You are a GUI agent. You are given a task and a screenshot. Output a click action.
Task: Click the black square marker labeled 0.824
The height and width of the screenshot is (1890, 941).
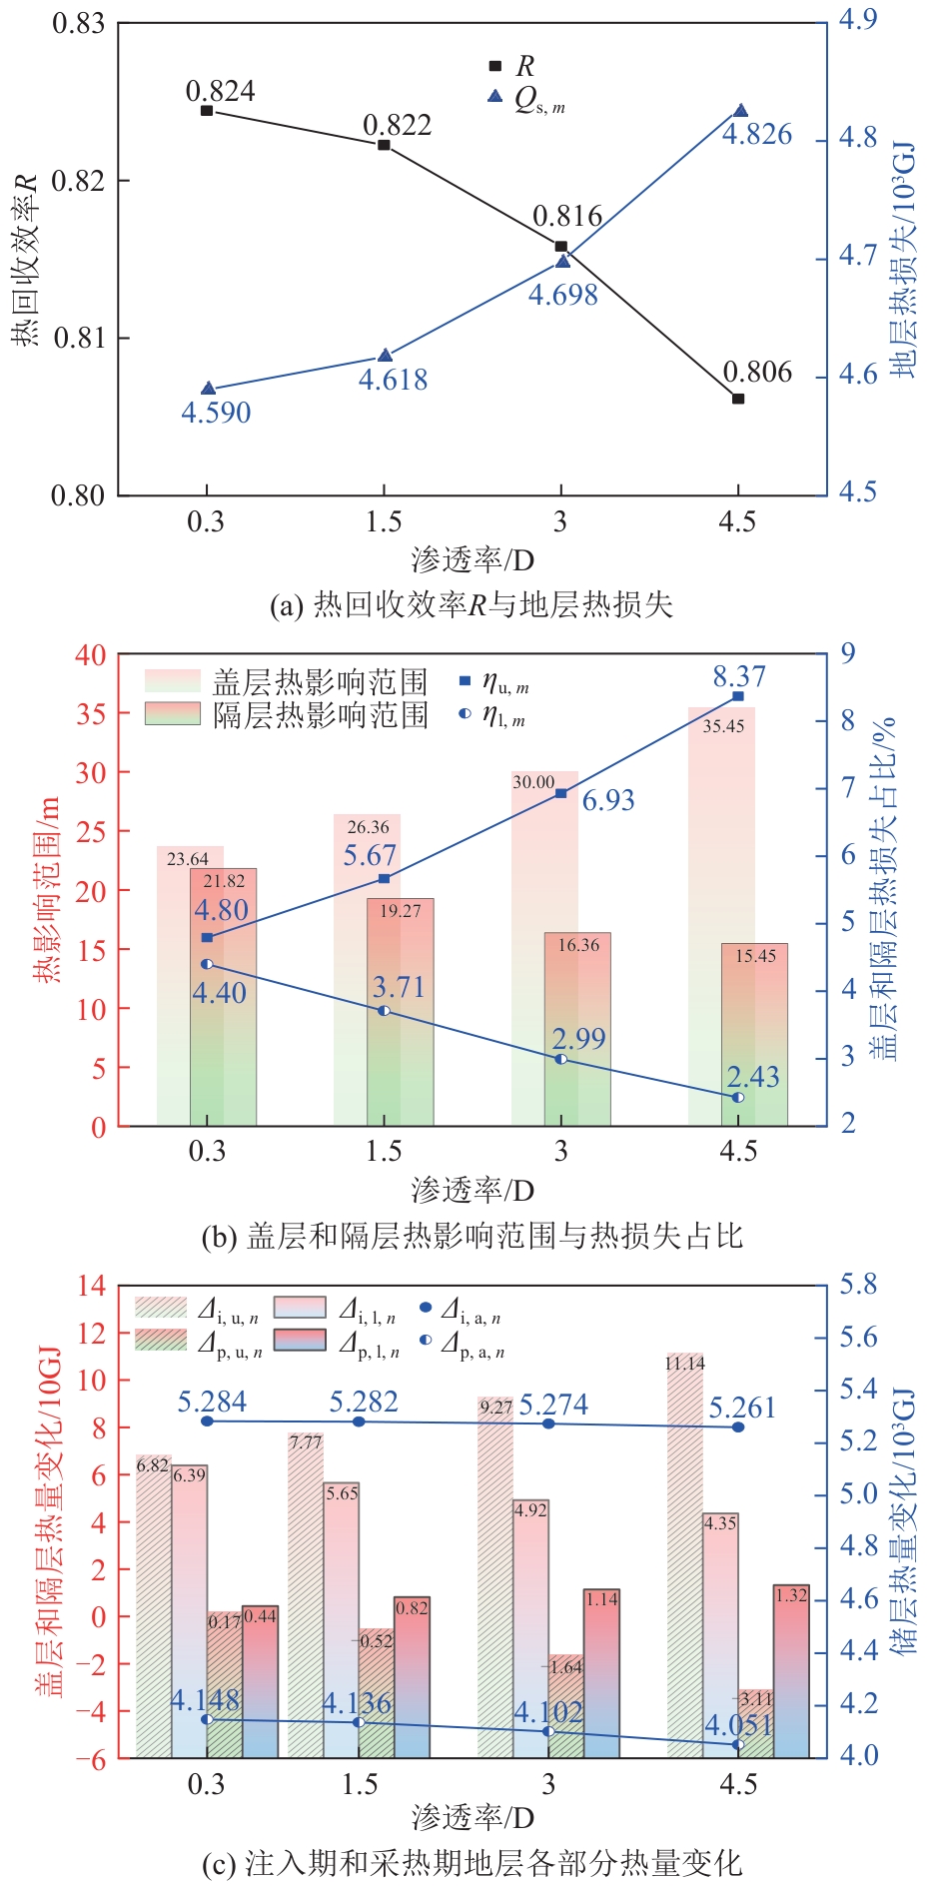pos(207,111)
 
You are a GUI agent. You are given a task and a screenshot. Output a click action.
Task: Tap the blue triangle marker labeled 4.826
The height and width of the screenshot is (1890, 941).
pos(740,111)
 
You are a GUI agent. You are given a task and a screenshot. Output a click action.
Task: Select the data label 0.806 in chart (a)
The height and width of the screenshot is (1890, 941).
pos(757,373)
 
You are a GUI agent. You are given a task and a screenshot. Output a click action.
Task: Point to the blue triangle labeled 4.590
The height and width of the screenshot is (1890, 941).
pos(208,389)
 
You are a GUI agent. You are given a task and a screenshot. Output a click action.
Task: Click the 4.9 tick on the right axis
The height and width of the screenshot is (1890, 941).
pos(857,20)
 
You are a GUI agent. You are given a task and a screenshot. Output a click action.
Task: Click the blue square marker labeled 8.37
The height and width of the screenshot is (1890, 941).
pos(738,695)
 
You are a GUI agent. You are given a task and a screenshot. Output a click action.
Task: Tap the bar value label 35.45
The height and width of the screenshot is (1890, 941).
pos(723,726)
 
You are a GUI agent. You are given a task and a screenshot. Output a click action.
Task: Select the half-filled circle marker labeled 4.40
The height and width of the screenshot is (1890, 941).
pos(207,964)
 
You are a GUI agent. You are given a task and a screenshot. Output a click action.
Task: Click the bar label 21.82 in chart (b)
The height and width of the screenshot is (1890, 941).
pos(224,881)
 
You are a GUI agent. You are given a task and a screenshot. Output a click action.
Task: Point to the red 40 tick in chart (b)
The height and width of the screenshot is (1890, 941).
pos(90,655)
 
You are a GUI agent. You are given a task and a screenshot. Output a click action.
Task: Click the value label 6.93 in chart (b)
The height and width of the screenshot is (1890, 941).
pos(608,800)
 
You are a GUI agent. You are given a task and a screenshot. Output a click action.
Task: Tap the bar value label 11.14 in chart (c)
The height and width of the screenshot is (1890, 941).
pos(685,1364)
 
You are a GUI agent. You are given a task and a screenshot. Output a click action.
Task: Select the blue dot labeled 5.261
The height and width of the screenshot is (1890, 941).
pos(738,1427)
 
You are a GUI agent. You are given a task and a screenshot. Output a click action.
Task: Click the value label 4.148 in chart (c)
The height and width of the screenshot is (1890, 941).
pos(205,1701)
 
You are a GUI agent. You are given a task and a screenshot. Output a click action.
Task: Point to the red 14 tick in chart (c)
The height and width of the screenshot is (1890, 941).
pos(92,1286)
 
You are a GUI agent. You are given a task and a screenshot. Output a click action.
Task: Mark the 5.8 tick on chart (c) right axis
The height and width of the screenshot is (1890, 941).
pos(858,1285)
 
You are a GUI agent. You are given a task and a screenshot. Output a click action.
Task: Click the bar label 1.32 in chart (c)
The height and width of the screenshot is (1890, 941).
pos(791,1595)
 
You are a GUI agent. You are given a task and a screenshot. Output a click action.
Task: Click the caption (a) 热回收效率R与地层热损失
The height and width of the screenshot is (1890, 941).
pos(471,604)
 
